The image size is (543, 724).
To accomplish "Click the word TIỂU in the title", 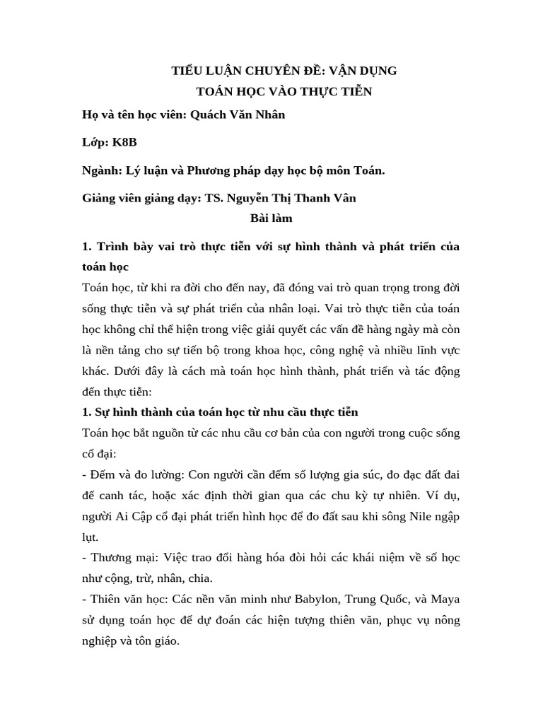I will point(189,71).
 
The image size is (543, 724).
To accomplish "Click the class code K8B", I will point(124,142).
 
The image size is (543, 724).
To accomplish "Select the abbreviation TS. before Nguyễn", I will point(214,199).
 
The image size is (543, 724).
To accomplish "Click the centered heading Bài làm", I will point(271,218).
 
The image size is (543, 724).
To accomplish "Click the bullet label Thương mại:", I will point(118,558).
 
